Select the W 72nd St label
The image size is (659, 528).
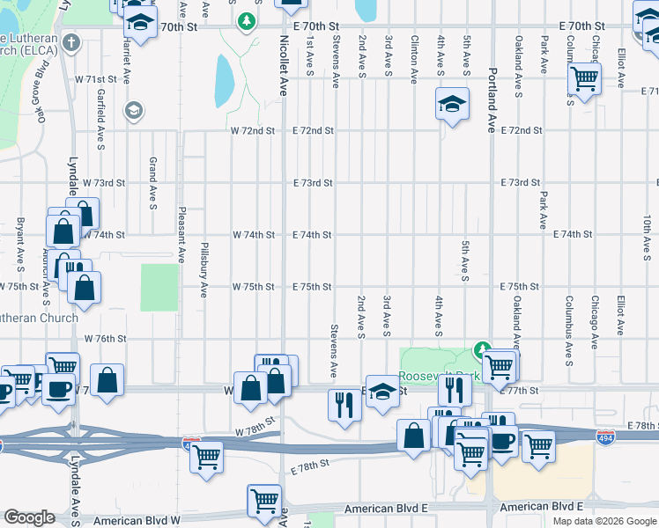pyautogui.click(x=254, y=131)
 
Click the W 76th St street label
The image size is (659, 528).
pyautogui.click(x=106, y=339)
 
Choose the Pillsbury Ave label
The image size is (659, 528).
pyautogui.click(x=204, y=269)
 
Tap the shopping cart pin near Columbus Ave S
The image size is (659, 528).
pyautogui.click(x=585, y=78)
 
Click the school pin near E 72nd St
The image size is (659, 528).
pyautogui.click(x=452, y=104)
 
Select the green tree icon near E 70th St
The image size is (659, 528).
pyautogui.click(x=247, y=20)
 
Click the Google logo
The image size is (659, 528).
pyautogui.click(x=31, y=517)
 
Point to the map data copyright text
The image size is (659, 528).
pyautogui.click(x=603, y=521)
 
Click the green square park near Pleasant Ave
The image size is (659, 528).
pyautogui.click(x=159, y=286)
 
